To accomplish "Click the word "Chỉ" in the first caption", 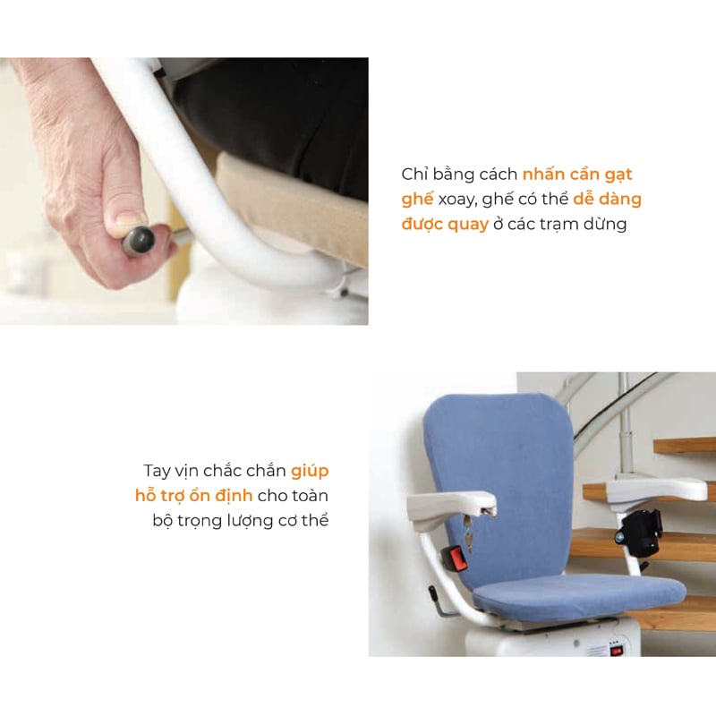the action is (414, 174).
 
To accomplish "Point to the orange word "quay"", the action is (468, 226).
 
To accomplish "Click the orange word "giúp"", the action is (310, 472).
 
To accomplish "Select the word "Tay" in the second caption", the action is (156, 472).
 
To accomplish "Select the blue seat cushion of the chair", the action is (580, 595).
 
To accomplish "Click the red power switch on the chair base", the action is (618, 651).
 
